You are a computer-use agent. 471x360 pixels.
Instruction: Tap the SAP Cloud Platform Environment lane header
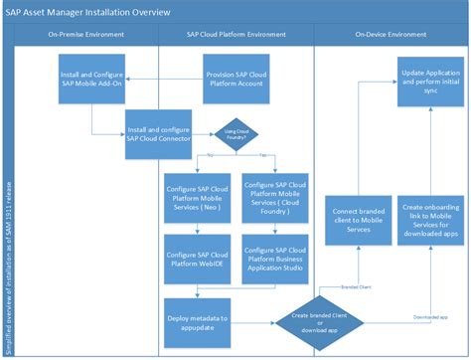tap(235, 34)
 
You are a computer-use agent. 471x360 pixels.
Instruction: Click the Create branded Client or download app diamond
tap(321, 318)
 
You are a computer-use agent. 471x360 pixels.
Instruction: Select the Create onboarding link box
tap(429, 218)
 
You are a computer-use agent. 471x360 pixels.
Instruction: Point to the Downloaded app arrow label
tap(429, 314)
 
